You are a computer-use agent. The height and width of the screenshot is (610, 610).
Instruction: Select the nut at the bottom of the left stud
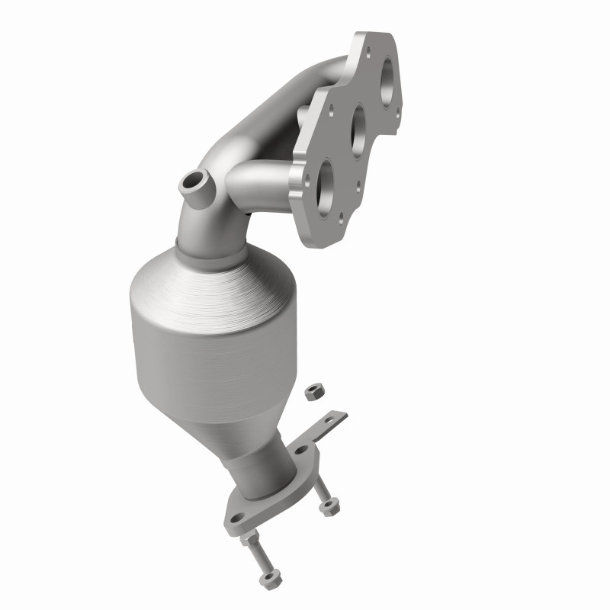click(x=269, y=580)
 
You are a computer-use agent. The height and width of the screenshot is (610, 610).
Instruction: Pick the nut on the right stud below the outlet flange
click(x=329, y=506)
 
